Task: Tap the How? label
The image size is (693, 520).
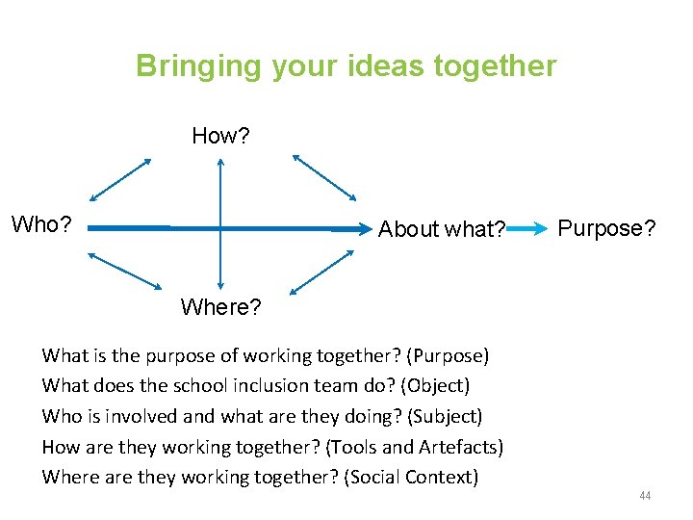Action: point(220,136)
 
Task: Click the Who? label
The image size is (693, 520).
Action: point(41,225)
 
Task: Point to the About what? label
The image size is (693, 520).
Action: point(442,229)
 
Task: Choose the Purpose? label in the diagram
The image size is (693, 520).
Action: point(607,228)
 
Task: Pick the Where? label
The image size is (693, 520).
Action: point(220,307)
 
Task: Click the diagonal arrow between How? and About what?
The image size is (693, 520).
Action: point(324,177)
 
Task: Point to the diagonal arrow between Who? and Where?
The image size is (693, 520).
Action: point(125,271)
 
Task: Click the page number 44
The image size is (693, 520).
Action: point(645,496)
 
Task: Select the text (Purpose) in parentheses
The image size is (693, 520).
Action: point(448,356)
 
